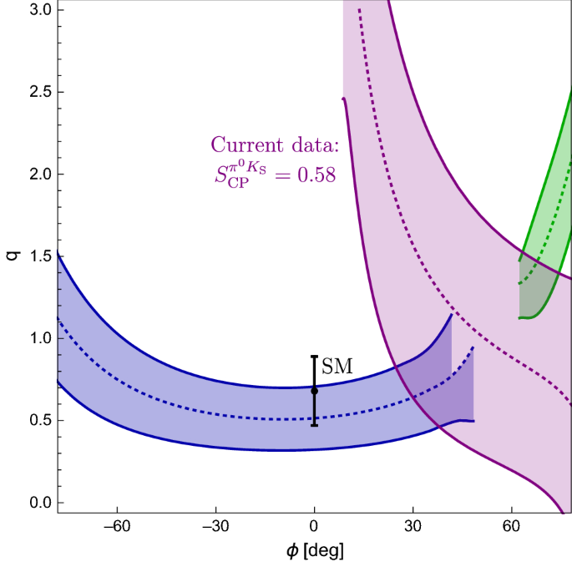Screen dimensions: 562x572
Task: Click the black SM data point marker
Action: point(314,391)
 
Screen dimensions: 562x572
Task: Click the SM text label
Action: point(337,366)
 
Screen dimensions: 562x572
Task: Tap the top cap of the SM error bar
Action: point(314,357)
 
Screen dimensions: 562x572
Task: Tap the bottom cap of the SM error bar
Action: point(314,425)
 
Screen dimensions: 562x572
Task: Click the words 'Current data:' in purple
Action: point(275,144)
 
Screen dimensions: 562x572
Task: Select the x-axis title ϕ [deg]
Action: point(314,550)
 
